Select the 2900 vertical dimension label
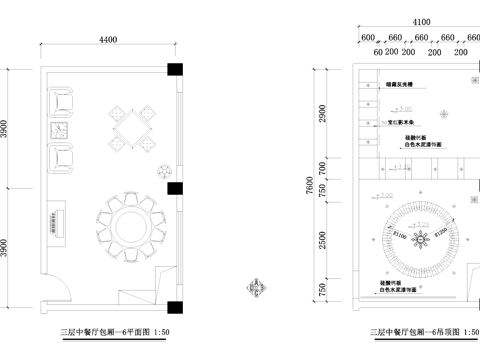point(323,114)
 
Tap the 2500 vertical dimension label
point(323,242)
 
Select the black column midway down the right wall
point(174,187)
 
